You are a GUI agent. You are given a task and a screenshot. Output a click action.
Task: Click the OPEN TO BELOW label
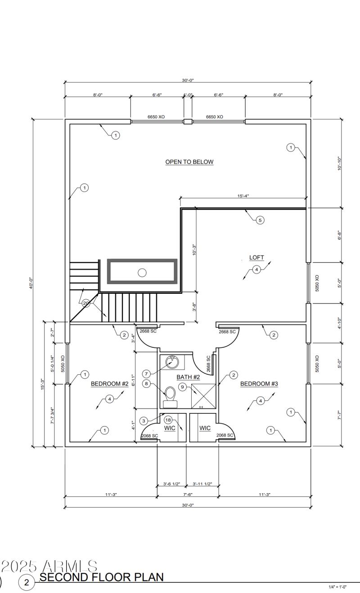189,162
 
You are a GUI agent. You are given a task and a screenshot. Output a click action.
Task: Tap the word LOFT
256,258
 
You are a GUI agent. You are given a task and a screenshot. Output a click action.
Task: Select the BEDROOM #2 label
110,384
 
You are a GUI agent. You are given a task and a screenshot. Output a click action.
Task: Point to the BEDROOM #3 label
259,384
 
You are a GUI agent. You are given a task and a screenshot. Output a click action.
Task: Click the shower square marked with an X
203,396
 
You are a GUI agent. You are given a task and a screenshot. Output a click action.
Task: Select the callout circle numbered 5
260,220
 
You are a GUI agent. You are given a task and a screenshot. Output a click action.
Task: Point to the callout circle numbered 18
168,419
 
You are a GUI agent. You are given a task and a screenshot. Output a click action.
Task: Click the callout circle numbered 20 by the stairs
86,303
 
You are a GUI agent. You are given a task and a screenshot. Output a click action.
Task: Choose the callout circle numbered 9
182,386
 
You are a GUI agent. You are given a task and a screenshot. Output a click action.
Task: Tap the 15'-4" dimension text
243,196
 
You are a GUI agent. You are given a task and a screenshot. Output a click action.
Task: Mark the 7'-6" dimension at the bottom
188,494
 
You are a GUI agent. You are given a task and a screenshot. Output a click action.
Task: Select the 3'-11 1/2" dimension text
202,484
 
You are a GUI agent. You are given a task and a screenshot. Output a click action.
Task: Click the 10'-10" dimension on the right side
339,163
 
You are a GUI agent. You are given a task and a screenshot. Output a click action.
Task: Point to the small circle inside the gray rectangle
142,272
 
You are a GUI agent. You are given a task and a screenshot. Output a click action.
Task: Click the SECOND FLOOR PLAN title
101,577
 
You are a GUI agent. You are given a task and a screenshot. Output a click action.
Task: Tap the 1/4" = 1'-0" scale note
344,587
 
